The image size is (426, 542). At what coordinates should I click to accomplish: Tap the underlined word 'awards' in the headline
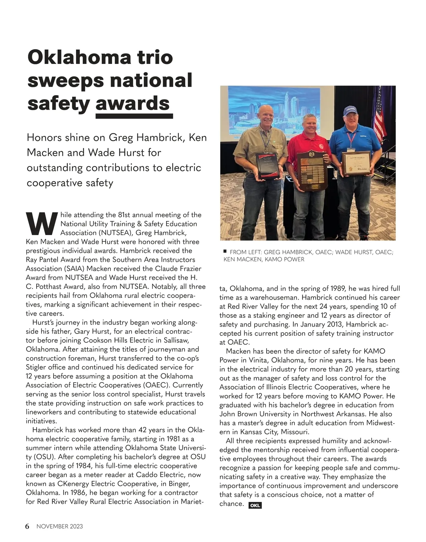(x=133, y=103)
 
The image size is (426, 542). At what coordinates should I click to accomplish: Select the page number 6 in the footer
(x=27, y=526)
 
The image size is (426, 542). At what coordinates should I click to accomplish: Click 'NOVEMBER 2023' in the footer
(x=60, y=526)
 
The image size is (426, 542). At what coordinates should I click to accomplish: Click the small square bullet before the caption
(x=225, y=251)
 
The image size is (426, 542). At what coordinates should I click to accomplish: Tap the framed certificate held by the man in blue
(x=356, y=163)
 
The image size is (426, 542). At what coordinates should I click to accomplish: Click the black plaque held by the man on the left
(x=269, y=165)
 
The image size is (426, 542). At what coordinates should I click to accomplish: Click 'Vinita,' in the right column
(x=258, y=360)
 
